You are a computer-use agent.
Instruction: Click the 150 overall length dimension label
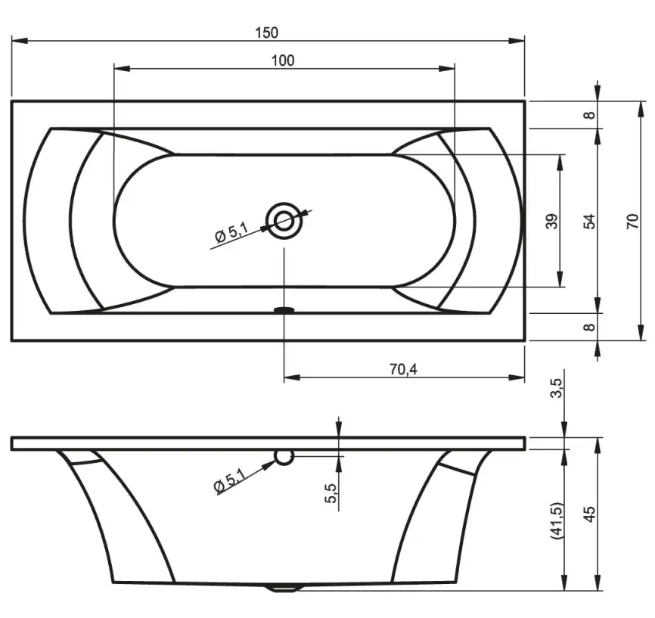[266, 33]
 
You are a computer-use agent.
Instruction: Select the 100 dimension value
[283, 61]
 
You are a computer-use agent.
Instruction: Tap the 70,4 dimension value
[403, 369]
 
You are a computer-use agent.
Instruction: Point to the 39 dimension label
[551, 221]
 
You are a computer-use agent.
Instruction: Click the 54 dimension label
[590, 221]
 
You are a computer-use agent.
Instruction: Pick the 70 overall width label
[633, 221]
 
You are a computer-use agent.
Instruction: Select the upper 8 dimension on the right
[590, 115]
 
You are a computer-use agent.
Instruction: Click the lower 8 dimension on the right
[590, 327]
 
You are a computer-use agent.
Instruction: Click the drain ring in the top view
[284, 221]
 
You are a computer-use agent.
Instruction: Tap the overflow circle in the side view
[284, 457]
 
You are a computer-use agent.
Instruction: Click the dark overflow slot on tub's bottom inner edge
[284, 309]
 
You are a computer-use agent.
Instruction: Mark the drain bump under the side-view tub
[284, 586]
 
